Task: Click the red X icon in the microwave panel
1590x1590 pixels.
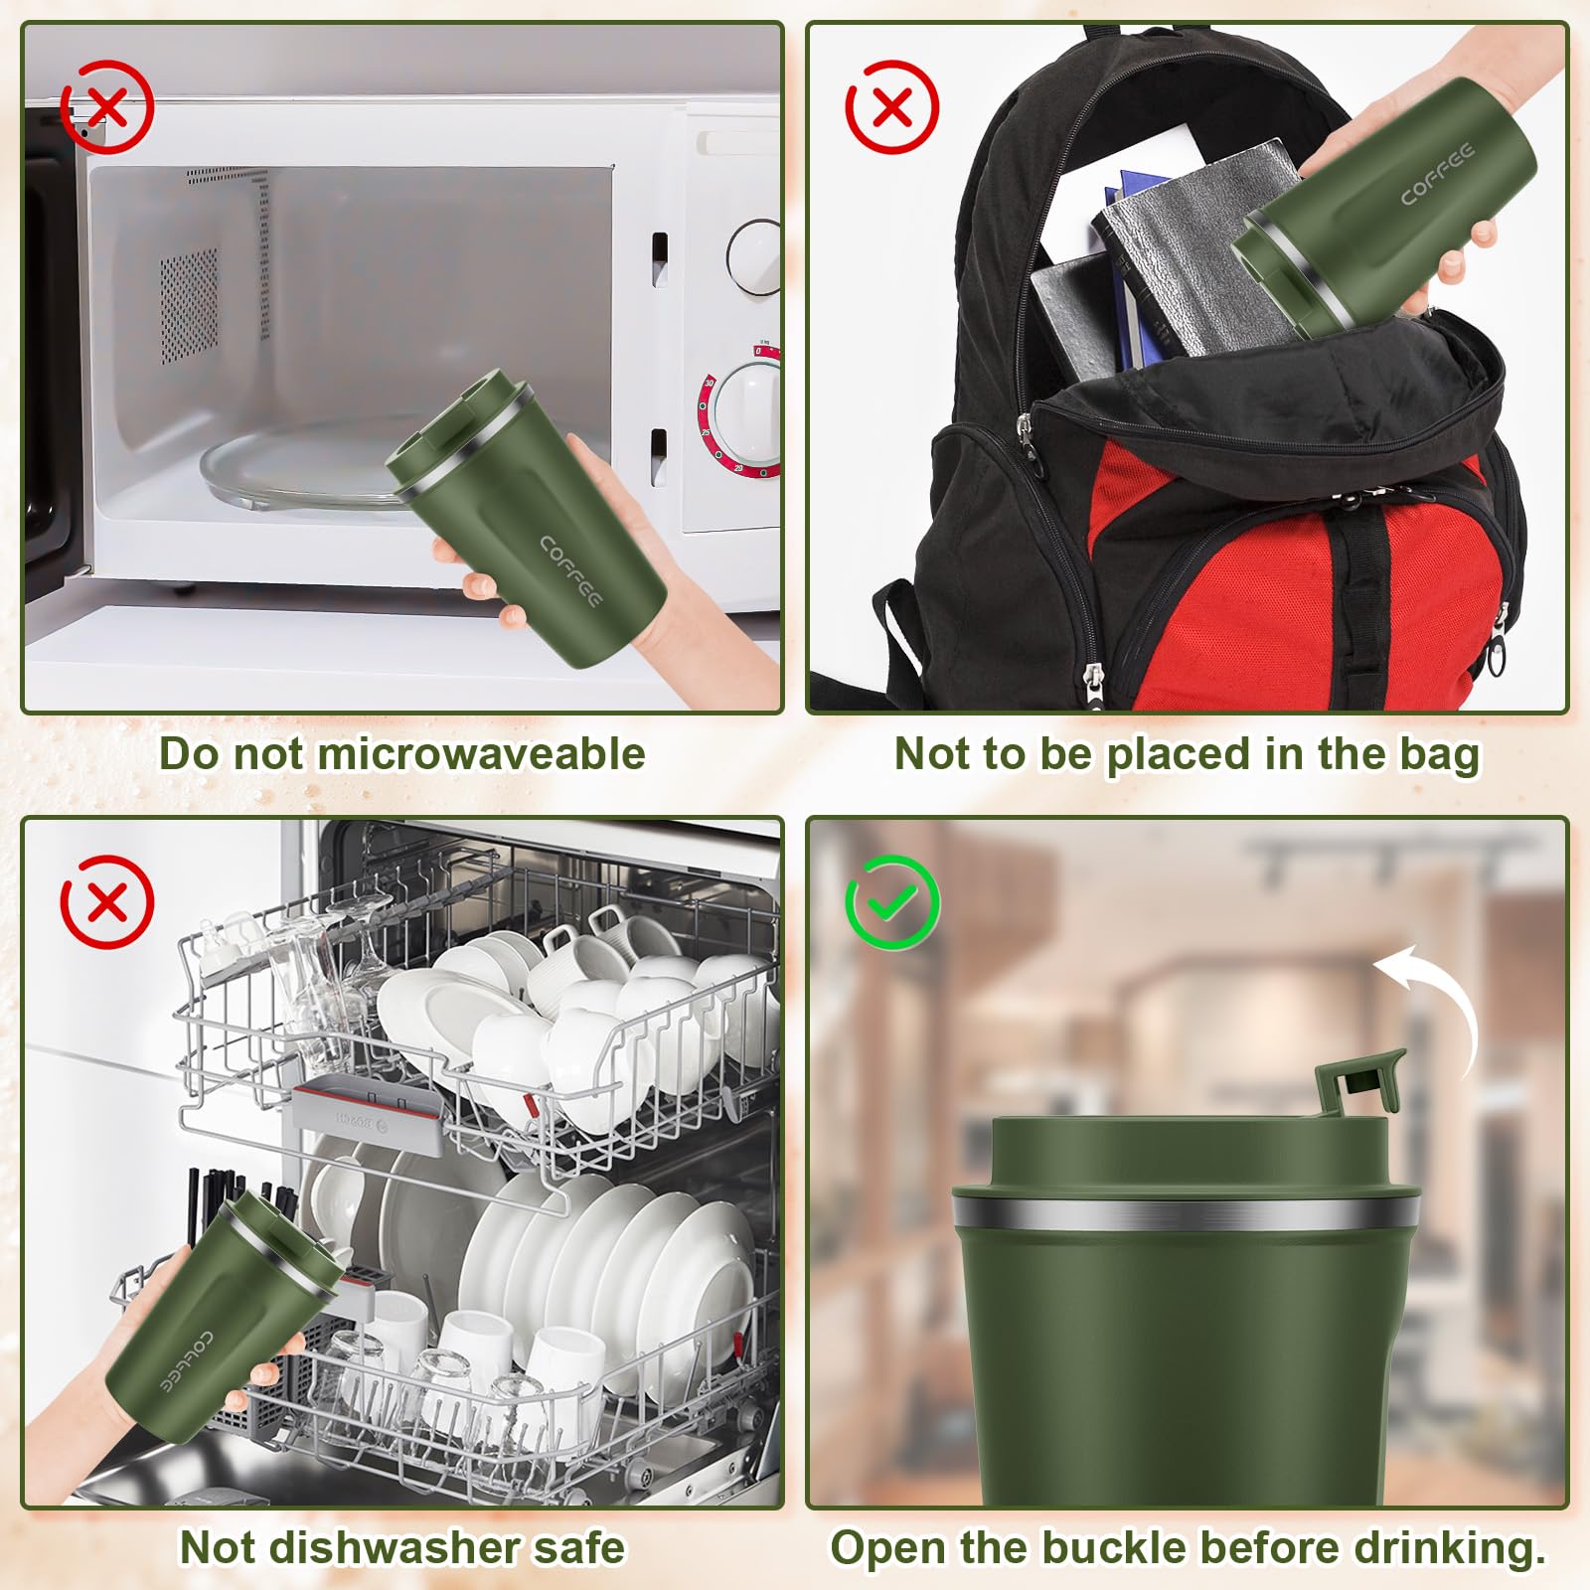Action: pos(107,106)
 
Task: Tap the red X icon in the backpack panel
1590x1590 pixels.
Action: pos(892,106)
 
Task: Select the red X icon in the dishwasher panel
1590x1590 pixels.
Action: pos(107,901)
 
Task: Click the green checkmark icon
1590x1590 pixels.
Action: pos(892,901)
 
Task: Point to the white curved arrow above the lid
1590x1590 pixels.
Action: pos(1436,1004)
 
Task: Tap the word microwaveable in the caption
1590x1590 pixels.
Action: pos(481,753)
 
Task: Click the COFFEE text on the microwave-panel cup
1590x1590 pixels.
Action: pos(571,571)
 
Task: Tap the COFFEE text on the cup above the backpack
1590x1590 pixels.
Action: pos(1437,174)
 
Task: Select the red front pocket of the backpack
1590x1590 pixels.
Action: pos(1292,586)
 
